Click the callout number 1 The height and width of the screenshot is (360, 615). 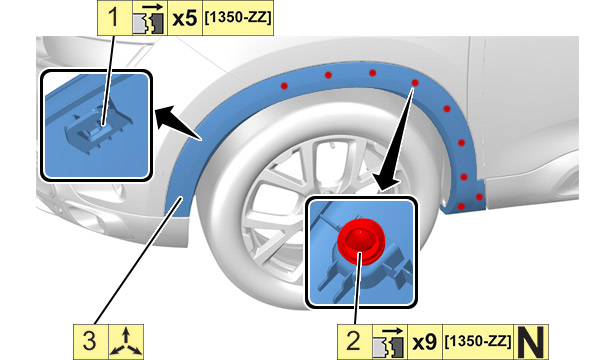113,18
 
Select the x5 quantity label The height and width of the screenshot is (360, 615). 185,18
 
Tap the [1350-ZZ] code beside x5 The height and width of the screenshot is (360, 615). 238,18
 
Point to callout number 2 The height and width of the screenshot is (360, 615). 353,341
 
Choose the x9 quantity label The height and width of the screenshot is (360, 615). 425,342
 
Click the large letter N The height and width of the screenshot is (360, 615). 531,342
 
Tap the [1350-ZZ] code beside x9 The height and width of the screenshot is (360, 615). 478,341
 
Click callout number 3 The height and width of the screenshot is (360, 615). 89,341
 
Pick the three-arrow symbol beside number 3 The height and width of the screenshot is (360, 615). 126,342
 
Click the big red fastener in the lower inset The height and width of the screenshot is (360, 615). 361,241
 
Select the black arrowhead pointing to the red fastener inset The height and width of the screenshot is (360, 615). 386,182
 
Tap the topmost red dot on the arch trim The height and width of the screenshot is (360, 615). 373,73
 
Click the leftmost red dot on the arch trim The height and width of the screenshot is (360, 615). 284,86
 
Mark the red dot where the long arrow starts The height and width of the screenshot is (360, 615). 415,83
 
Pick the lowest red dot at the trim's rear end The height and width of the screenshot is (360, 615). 461,206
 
